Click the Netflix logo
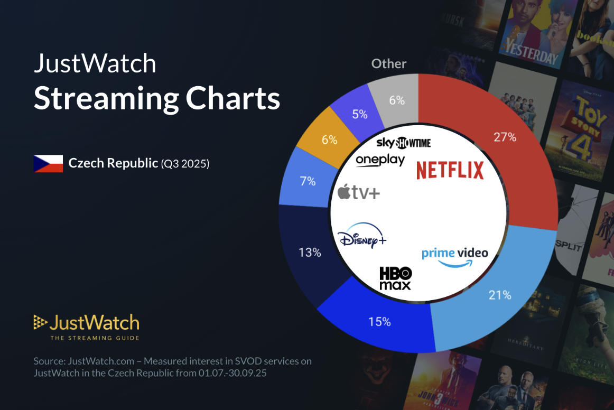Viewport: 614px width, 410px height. point(450,170)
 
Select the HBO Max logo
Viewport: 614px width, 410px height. point(395,278)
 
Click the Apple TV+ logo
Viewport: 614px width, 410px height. point(359,192)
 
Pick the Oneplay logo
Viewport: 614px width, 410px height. point(380,160)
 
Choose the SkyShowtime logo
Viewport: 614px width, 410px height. point(403,143)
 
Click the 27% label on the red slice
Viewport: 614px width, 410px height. point(505,137)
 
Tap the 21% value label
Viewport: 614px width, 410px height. point(500,295)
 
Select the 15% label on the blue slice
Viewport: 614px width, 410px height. point(379,321)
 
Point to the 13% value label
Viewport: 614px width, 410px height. point(310,253)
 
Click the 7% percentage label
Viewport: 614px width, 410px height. point(308,181)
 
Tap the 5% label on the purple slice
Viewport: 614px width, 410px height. point(359,114)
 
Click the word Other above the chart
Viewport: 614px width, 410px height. point(389,64)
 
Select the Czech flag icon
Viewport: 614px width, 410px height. point(48,164)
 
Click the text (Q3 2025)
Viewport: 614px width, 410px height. point(185,164)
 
